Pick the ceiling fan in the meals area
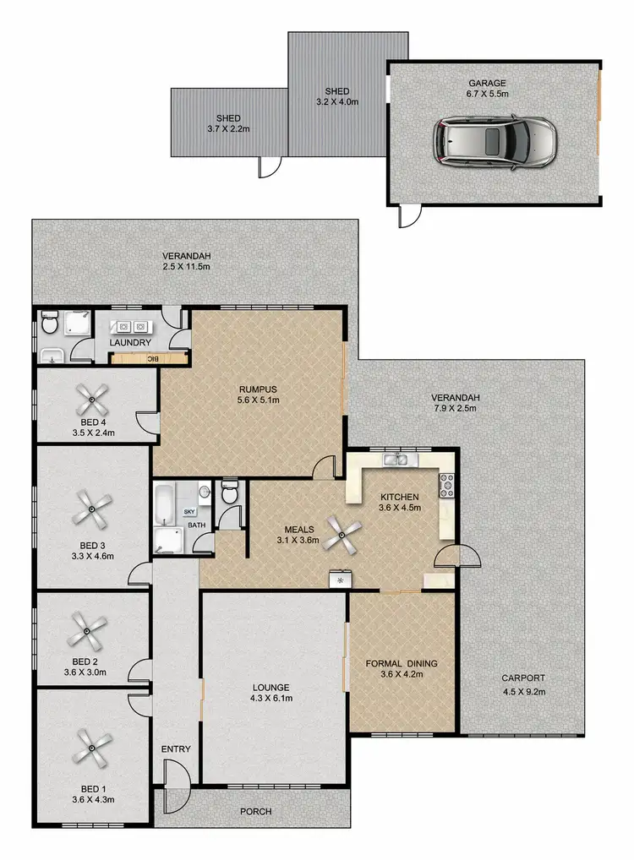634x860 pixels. coord(344,531)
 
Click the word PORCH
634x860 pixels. coord(256,812)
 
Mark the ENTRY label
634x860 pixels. coord(177,748)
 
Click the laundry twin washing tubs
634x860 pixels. coord(130,326)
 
